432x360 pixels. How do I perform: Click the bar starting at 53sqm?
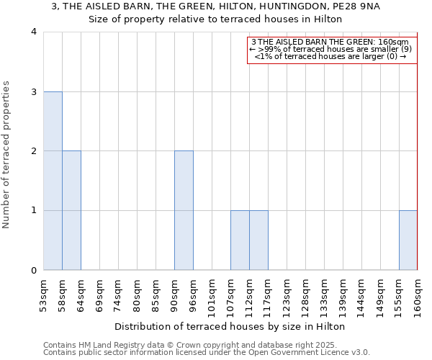[53, 181]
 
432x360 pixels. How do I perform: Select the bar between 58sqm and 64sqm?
[71, 210]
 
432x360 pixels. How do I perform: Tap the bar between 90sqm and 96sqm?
[184, 210]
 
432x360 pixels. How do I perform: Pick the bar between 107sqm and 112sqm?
[240, 240]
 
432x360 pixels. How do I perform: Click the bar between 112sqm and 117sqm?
[258, 240]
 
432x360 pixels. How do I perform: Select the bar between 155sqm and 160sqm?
[408, 240]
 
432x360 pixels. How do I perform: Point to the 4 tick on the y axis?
[34, 32]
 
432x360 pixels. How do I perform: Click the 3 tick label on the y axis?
[34, 91]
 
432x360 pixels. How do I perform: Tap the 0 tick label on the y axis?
[34, 270]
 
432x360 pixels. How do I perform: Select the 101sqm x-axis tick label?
[212, 297]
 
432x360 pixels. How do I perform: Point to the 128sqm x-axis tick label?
[305, 297]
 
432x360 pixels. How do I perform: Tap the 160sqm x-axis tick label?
[418, 297]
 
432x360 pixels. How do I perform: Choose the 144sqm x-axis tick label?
[361, 297]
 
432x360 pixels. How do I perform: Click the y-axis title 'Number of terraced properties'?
[7, 155]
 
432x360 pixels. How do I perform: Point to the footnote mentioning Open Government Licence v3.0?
[207, 352]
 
